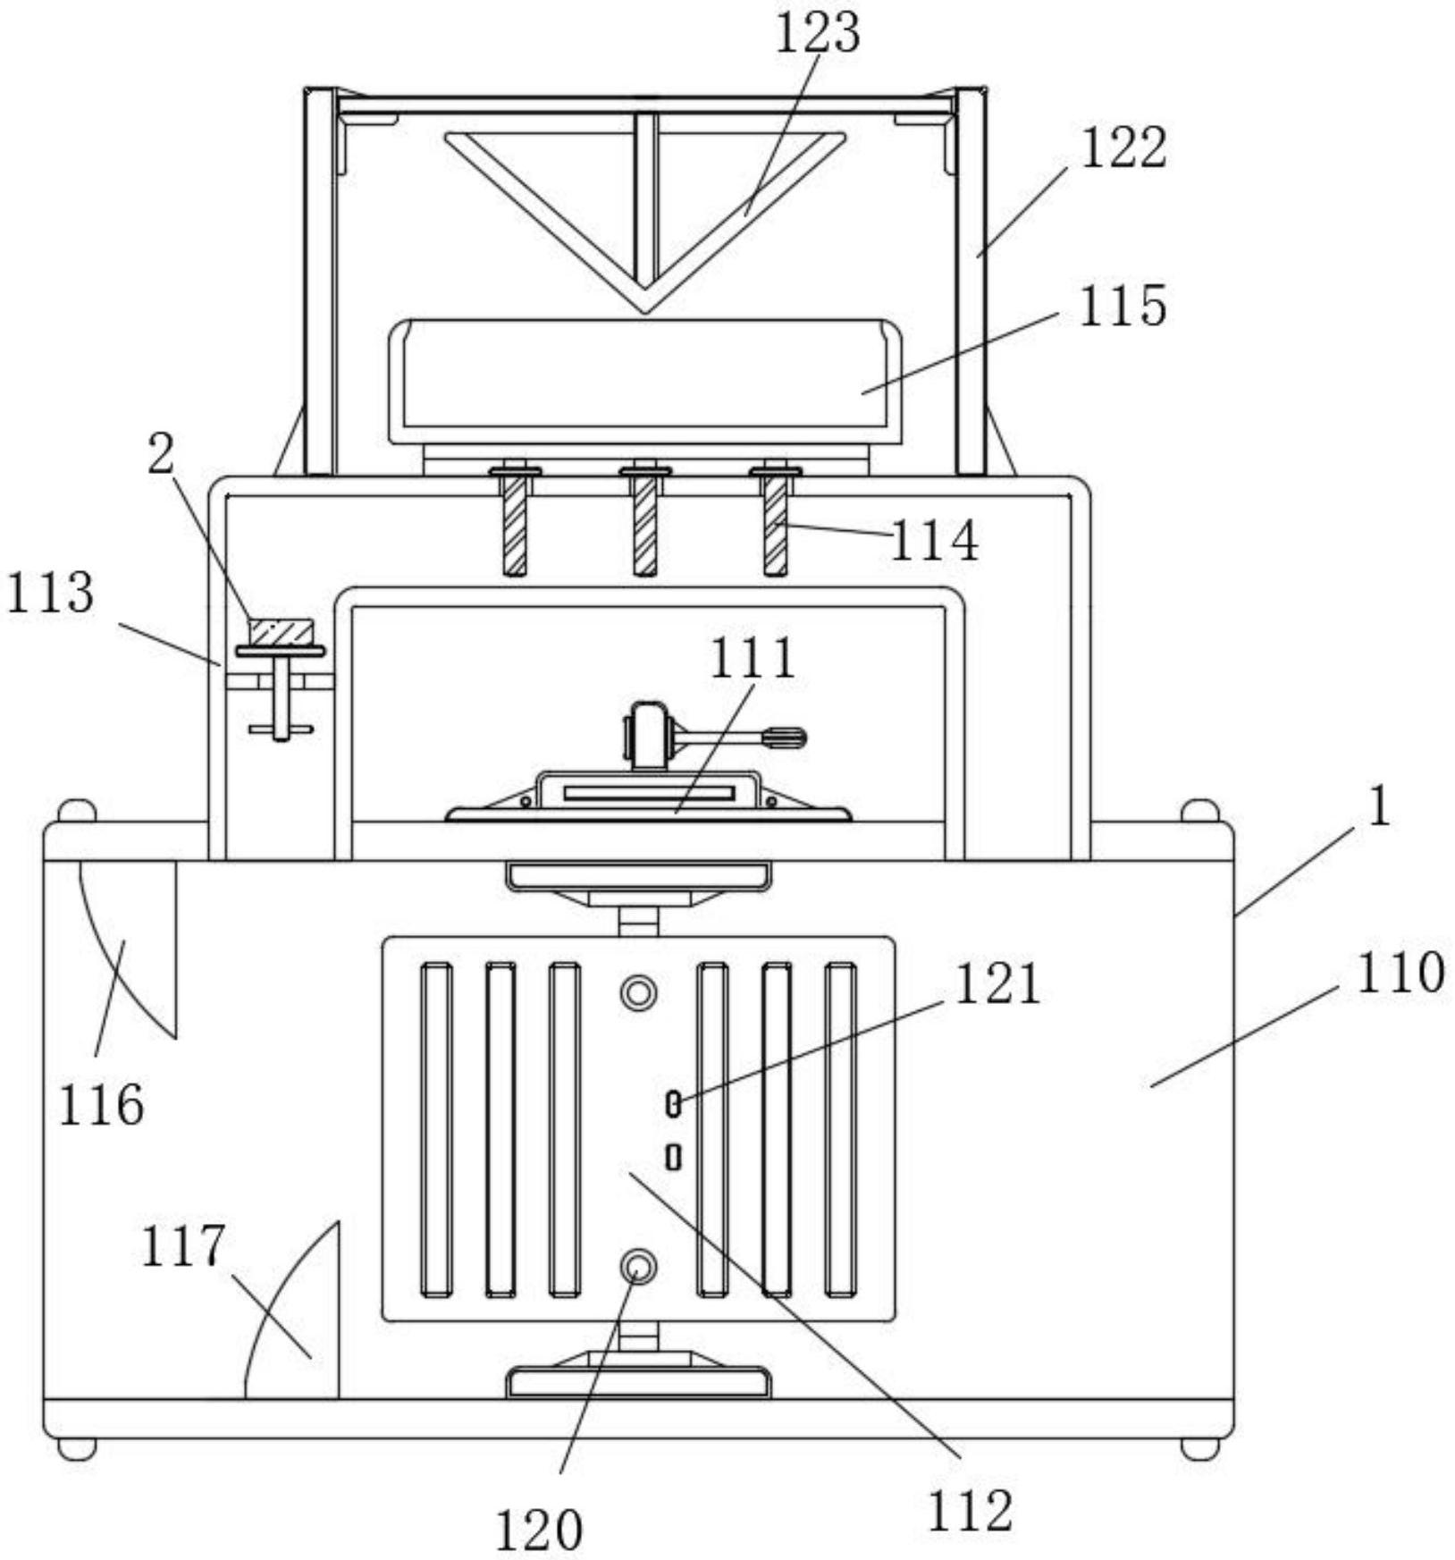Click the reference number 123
pos(817,33)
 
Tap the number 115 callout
pos(1123,307)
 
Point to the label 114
pos(935,541)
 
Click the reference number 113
pos(50,592)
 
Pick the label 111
pos(753,658)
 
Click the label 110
pos(1400,973)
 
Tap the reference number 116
pos(101,1104)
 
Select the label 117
pos(182,1245)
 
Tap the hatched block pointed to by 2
pos(282,632)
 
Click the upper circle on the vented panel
pos(638,992)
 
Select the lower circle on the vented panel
pos(638,1266)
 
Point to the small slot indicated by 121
pos(674,1104)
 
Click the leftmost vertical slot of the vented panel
pos(436,1129)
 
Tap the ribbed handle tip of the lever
pos(786,738)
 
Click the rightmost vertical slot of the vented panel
pos(840,1129)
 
